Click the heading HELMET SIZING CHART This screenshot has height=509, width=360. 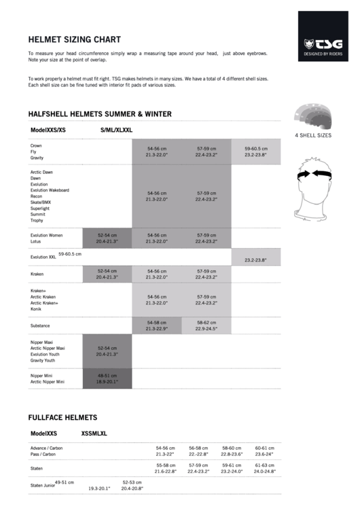tap(74, 39)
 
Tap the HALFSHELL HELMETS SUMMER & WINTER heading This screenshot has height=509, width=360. tap(99, 114)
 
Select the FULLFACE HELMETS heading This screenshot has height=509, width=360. tap(62, 417)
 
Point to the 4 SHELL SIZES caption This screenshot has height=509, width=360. tap(312, 135)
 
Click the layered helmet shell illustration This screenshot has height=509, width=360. tap(312, 117)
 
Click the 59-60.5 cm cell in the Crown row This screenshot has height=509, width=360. tap(255, 152)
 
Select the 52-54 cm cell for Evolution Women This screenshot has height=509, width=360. tap(107, 238)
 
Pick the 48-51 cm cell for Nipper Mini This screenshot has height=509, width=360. tap(107, 379)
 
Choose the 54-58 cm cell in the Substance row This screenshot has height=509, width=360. tap(156, 326)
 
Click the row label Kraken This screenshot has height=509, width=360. tap(37, 274)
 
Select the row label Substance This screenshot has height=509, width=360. tap(40, 326)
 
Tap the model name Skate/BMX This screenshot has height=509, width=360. tap(40, 203)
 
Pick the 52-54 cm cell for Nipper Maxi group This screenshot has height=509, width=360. tap(107, 351)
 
